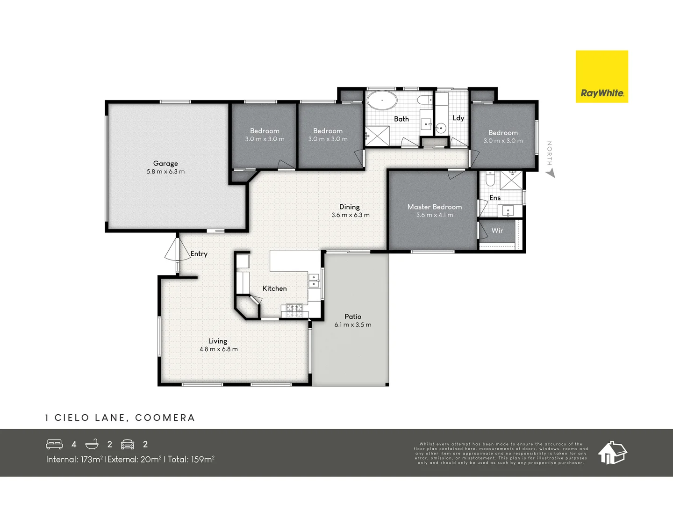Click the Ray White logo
(x=601, y=77)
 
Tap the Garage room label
(x=165, y=163)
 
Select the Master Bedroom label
(x=434, y=207)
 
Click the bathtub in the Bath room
(x=381, y=101)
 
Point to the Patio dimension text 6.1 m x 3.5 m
(x=353, y=325)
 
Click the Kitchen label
(x=274, y=289)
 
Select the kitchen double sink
(x=314, y=281)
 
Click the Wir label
(x=497, y=230)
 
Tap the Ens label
(x=495, y=198)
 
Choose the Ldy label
(x=458, y=118)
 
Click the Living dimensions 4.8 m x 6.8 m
(x=218, y=349)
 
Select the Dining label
(x=349, y=207)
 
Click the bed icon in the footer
(x=54, y=444)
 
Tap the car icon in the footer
(x=128, y=444)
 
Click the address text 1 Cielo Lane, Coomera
(x=120, y=418)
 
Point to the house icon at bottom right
(x=612, y=452)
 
